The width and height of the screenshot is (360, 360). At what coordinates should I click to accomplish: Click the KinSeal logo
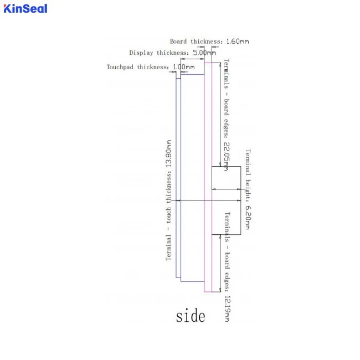pos(25,8)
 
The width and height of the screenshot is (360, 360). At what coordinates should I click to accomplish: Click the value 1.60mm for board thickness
pos(238,42)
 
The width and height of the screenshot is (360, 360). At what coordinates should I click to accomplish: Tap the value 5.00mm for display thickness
pos(204,53)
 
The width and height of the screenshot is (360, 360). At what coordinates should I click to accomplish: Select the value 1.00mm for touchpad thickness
pos(183,67)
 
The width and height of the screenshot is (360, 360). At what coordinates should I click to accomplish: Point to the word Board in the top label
pos(178,42)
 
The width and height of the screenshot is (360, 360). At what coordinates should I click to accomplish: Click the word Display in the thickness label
pos(141,53)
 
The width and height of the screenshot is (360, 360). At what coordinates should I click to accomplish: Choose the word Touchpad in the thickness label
pos(120,67)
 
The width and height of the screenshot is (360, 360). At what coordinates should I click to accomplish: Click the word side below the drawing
pos(191,316)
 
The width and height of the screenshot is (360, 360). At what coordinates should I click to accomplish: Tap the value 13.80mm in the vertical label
pos(168,153)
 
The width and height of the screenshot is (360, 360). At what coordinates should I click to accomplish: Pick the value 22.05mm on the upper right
pos(227,156)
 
